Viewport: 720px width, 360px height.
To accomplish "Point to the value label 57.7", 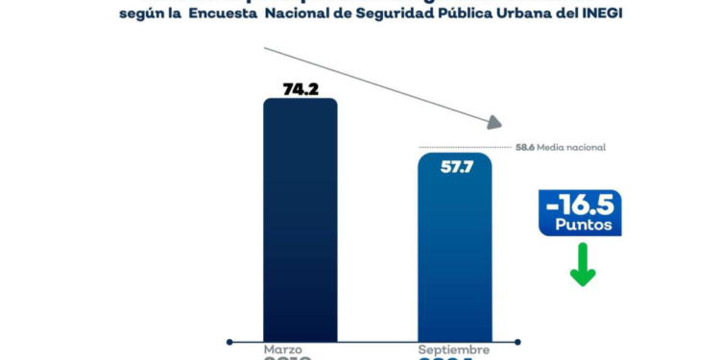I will pyautogui.click(x=454, y=167).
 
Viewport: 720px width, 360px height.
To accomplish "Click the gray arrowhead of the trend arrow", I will pyautogui.click(x=493, y=122).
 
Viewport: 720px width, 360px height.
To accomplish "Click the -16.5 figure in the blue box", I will pyautogui.click(x=580, y=206).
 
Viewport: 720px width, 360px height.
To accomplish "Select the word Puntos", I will pyautogui.click(x=581, y=227).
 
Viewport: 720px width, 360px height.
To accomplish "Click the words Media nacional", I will pyautogui.click(x=574, y=148).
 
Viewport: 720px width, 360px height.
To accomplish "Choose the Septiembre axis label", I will pyautogui.click(x=453, y=349).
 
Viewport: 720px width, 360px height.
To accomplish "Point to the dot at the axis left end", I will pyautogui.click(x=229, y=340).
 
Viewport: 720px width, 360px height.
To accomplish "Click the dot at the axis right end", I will pyautogui.click(x=517, y=340).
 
